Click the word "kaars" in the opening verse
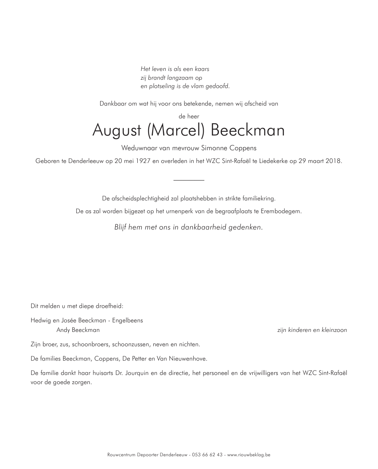point(202,69)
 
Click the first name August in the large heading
point(117,131)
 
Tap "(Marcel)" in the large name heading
point(176,131)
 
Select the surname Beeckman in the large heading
point(247,131)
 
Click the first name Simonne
point(216,148)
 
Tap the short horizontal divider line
point(189,181)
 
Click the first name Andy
point(63,330)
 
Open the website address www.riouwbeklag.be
point(249,455)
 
